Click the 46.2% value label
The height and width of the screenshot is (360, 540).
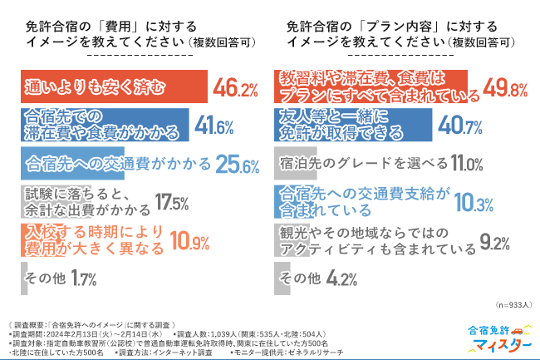tap(238, 87)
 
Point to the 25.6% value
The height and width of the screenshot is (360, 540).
tap(238, 164)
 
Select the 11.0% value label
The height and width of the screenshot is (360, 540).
tap(466, 164)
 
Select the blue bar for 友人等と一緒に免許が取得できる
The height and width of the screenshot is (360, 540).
tap(353, 126)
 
